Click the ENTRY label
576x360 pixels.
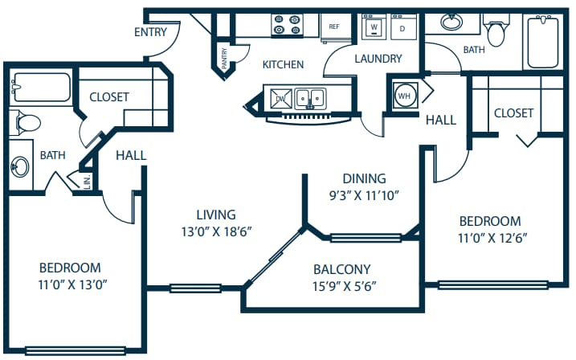point(151,32)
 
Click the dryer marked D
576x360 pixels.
point(402,27)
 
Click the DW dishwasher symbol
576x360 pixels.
point(281,99)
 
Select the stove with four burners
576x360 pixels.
point(287,26)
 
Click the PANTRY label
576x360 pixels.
point(224,59)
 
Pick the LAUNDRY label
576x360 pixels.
point(377,59)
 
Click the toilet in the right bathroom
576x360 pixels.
point(498,32)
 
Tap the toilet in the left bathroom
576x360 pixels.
point(27,123)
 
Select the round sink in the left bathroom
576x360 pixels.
point(21,168)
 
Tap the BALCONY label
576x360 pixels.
point(341,269)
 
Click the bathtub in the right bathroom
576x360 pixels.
point(542,40)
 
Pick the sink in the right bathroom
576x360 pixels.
point(451,22)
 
